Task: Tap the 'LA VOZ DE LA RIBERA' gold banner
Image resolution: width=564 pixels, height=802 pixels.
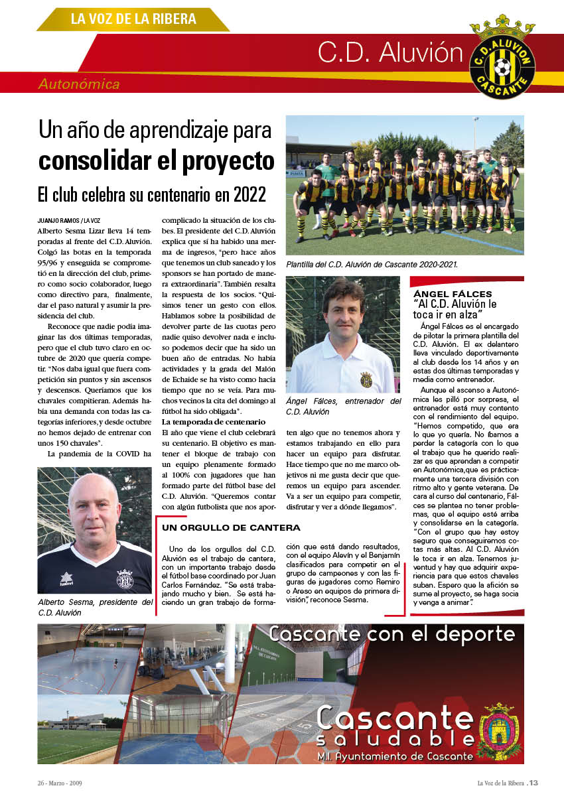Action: pyautogui.click(x=133, y=19)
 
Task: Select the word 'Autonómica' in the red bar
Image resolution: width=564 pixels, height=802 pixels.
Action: pyautogui.click(x=79, y=84)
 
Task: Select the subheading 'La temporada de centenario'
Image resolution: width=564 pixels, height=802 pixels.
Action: pyautogui.click(x=214, y=422)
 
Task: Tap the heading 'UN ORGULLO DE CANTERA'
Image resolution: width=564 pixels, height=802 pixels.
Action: pyautogui.click(x=231, y=528)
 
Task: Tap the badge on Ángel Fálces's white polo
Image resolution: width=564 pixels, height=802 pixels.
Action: pyautogui.click(x=366, y=379)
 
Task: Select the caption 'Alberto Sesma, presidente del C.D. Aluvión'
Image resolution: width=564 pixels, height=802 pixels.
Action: pyautogui.click(x=95, y=607)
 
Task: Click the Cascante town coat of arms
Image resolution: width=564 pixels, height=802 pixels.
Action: pyautogui.click(x=499, y=730)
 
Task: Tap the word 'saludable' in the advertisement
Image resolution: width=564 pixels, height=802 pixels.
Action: pyautogui.click(x=395, y=740)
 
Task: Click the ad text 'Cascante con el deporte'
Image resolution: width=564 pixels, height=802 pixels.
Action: pyautogui.click(x=391, y=634)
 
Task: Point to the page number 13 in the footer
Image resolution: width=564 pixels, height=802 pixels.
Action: pyautogui.click(x=533, y=783)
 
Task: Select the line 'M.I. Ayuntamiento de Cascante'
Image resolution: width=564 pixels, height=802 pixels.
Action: pyautogui.click(x=395, y=756)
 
